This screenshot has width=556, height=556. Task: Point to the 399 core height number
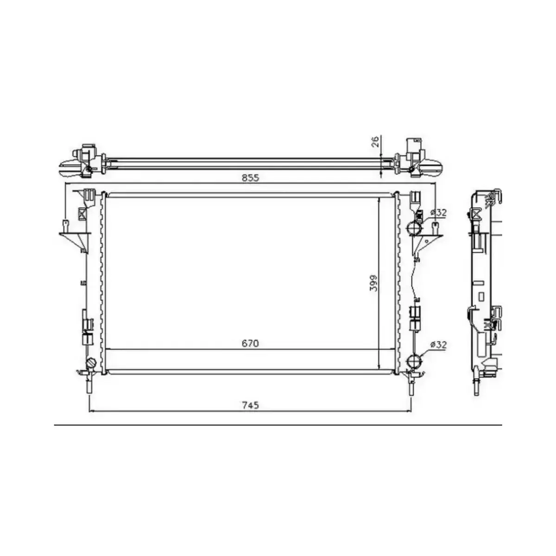tap(373, 283)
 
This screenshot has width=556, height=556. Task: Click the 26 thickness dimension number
tap(376, 141)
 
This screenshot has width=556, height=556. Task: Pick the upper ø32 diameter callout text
tap(438, 212)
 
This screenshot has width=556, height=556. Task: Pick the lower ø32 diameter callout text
tap(438, 345)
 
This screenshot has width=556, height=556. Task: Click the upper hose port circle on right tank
tap(414, 228)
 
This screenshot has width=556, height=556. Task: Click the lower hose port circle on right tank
tap(414, 361)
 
